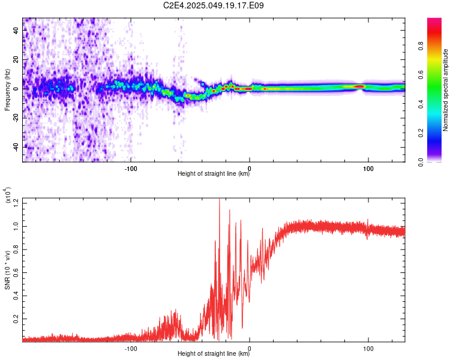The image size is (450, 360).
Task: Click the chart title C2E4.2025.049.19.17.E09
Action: (213, 5)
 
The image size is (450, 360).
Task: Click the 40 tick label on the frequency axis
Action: (16, 30)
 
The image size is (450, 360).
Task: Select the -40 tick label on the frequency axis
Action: (16, 148)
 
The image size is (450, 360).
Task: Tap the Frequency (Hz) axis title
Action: (7, 90)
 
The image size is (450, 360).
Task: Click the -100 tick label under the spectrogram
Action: (131, 169)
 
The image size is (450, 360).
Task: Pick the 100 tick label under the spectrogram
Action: (368, 169)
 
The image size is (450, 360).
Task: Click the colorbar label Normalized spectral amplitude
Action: (445, 90)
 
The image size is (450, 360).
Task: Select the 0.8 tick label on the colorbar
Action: (421, 46)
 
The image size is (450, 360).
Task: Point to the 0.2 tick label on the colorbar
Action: (421, 133)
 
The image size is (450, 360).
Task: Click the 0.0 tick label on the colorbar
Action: (421, 162)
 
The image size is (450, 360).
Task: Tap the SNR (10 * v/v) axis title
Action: (7, 270)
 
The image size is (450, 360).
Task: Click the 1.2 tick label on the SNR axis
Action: (16, 203)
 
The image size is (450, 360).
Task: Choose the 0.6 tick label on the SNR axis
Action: (16, 273)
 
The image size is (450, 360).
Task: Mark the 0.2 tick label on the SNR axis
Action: (16, 319)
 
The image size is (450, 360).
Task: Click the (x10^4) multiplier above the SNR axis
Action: (8, 195)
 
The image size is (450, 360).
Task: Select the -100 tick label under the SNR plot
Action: (131, 349)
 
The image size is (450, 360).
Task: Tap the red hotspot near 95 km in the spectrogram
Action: (359, 86)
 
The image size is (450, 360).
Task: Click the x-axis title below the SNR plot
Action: (214, 353)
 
